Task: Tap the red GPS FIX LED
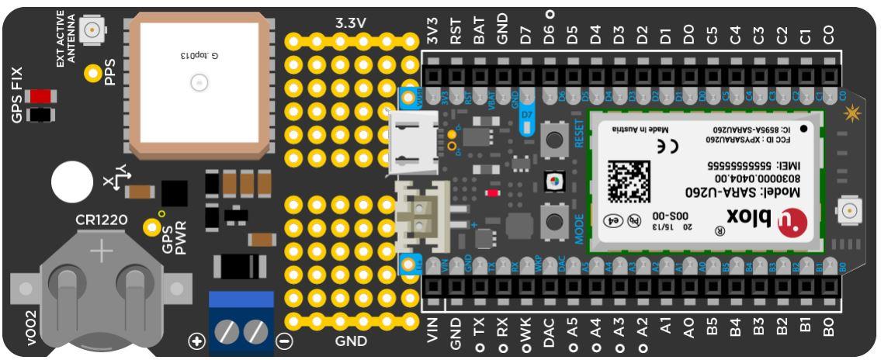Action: coord(37,97)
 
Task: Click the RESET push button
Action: coord(555,140)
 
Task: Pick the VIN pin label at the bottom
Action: coord(433,330)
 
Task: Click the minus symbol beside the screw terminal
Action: coord(284,340)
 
